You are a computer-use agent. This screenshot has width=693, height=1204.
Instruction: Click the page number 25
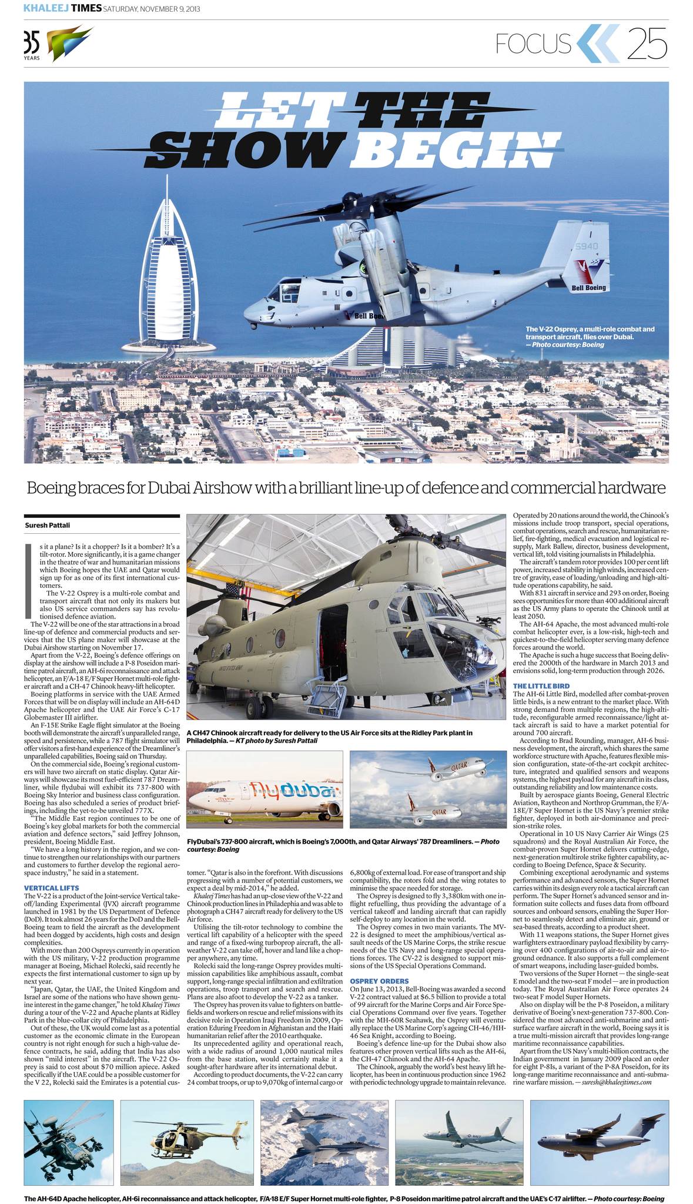coord(647,44)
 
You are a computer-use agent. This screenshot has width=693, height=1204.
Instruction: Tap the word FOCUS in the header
coord(533,44)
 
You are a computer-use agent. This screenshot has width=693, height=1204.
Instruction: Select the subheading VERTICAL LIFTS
coord(51,888)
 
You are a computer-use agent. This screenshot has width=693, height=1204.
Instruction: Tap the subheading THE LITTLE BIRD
coord(541,686)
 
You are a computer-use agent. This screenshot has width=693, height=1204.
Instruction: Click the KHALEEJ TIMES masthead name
coord(62,8)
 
